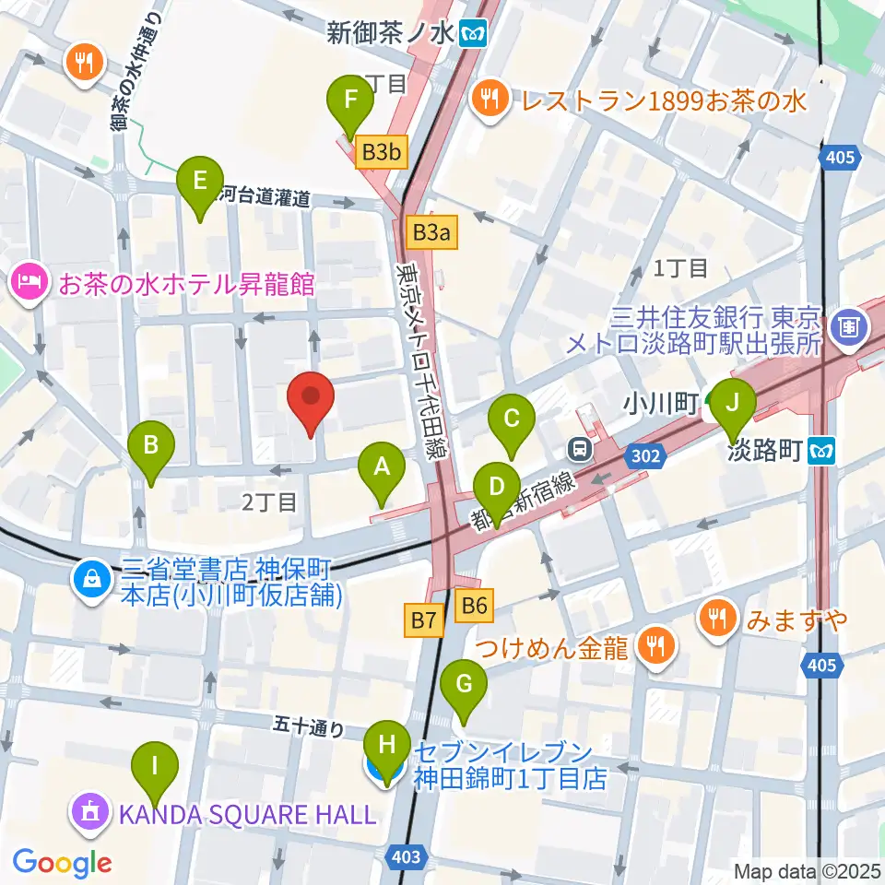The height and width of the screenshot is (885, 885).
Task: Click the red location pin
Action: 311,403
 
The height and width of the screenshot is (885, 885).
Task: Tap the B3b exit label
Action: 381,152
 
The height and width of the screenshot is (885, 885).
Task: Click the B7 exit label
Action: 423,622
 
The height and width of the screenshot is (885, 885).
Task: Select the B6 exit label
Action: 474,606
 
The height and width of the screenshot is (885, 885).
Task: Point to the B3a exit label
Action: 431,233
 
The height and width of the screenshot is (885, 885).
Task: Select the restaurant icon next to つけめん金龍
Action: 655,646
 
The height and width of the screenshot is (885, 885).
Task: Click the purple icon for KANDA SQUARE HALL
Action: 89,813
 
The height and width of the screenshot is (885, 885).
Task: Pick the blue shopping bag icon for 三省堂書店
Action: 93,580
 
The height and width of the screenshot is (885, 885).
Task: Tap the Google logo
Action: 62,863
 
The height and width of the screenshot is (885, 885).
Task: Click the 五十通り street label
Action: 308,729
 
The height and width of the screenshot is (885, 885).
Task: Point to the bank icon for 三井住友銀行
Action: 845,324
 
